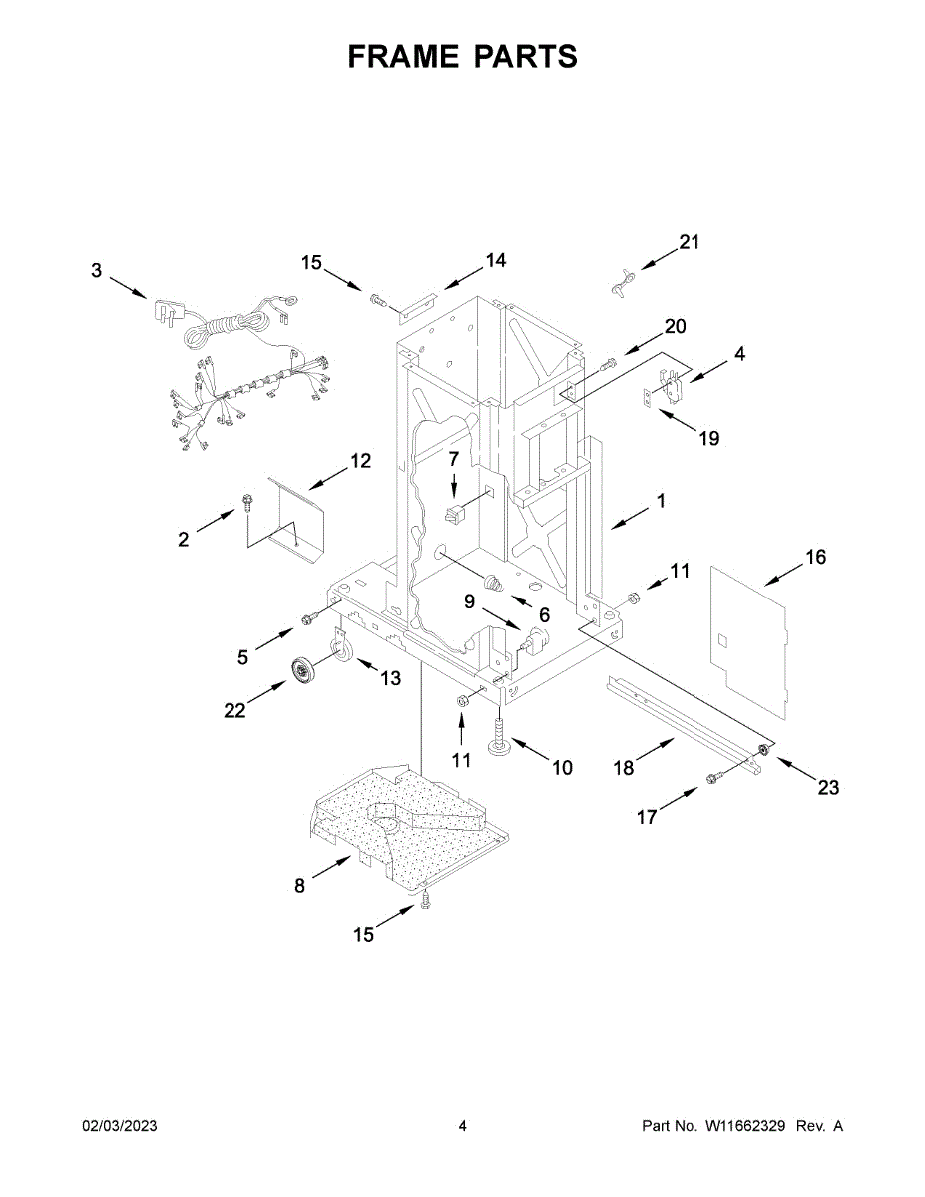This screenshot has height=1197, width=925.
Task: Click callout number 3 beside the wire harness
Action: pyautogui.click(x=96, y=270)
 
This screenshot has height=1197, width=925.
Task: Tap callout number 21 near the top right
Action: pyautogui.click(x=690, y=242)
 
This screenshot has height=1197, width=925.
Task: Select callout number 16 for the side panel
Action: pyautogui.click(x=815, y=557)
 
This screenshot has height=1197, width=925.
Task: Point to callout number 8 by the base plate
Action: pyautogui.click(x=300, y=884)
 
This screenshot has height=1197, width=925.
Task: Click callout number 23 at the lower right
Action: pyautogui.click(x=828, y=788)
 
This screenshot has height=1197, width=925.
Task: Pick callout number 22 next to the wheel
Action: pyautogui.click(x=234, y=709)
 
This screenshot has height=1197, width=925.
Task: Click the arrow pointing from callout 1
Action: pyautogui.click(x=628, y=516)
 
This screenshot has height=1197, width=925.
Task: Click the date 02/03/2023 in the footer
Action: pyautogui.click(x=119, y=1126)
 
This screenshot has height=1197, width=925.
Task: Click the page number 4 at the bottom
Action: pyautogui.click(x=462, y=1126)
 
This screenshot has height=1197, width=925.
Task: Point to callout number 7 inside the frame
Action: pyautogui.click(x=453, y=458)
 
